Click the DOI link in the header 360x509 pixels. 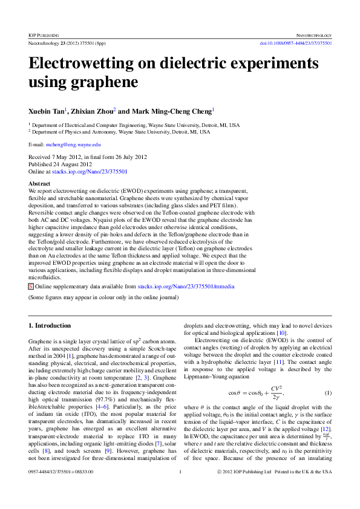coord(296,44)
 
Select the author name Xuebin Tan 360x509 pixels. coord(46,111)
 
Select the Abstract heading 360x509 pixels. coord(39,183)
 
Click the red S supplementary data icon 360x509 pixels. coord(31,285)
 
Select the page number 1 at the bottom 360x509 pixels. coord(180,488)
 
